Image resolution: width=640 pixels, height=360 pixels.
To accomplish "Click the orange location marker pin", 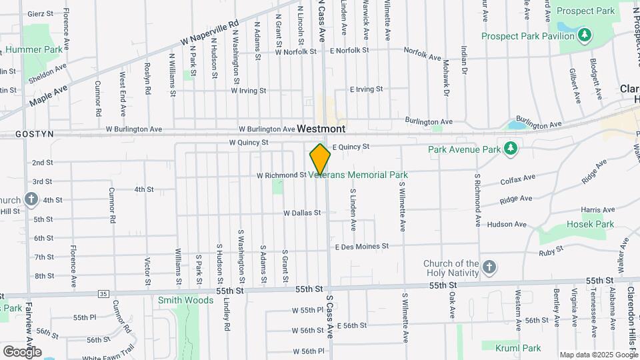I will pos(320,160).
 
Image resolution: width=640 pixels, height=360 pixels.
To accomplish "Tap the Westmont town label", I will pos(321,128).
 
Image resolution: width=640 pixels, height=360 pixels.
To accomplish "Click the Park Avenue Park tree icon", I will pos(511,147).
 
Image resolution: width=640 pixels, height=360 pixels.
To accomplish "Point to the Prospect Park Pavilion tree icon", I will pos(584,35).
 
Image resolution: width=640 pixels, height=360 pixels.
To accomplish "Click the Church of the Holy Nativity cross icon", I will pos(489,268).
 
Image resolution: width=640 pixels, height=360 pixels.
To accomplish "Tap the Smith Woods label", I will pos(185,300).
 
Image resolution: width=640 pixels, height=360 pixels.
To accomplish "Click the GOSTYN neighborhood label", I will pos(17,134).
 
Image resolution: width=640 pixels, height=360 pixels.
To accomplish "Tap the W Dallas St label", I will pos(302,213).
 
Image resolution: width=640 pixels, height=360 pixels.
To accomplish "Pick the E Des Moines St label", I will pos(362,246).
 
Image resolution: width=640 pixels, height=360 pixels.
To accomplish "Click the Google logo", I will pos(22,351).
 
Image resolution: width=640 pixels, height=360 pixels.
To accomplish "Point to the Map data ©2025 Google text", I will pos(598,355).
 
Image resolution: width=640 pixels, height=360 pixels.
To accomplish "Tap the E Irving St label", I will pos(367,89).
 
